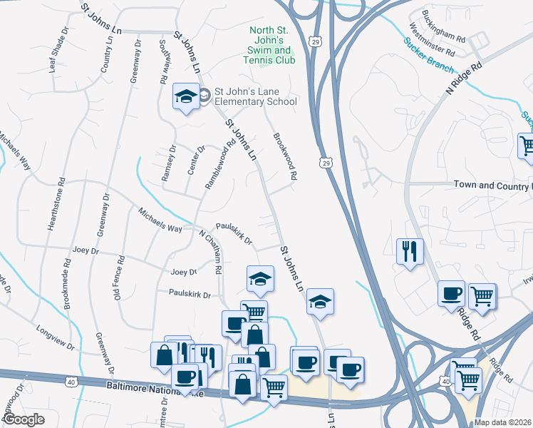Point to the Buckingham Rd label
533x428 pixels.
(444, 26)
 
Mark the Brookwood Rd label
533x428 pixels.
(284, 156)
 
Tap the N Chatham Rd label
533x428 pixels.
(210, 253)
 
